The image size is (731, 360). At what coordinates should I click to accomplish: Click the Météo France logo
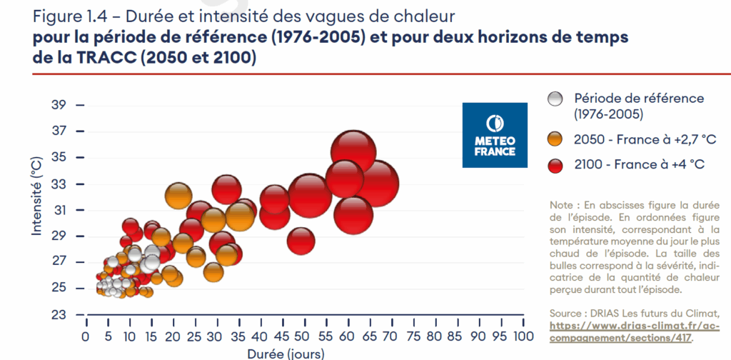(495, 135)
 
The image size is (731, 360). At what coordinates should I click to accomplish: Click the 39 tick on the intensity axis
(59, 105)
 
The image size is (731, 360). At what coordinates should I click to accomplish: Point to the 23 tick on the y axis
(59, 314)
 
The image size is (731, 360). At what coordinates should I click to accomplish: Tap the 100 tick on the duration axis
(523, 336)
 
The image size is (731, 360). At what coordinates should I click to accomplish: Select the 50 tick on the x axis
(305, 336)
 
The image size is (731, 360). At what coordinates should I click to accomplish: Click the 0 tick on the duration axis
(86, 336)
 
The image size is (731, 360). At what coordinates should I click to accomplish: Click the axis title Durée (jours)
(286, 353)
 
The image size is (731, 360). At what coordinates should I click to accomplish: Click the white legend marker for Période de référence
(555, 99)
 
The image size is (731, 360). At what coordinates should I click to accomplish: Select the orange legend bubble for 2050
(555, 139)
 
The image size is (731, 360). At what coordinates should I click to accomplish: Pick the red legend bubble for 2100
(555, 164)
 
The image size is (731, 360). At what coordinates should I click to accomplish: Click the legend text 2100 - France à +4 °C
(639, 164)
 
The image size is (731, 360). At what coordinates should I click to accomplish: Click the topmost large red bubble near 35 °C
(353, 152)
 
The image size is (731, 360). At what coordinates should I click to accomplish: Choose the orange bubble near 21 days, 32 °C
(179, 194)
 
